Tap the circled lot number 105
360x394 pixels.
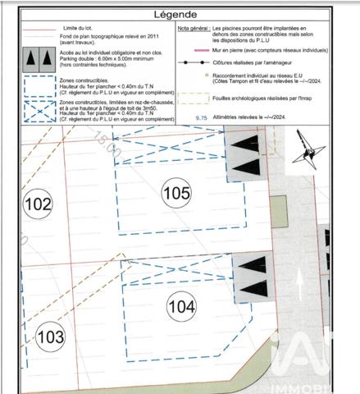pyautogui.click(x=175, y=193)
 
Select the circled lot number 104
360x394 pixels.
pyautogui.click(x=181, y=306)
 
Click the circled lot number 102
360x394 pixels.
pyautogui.click(x=38, y=204)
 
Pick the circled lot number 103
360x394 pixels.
pyautogui.click(x=51, y=336)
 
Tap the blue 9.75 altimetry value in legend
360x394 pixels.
pyautogui.click(x=199, y=117)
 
